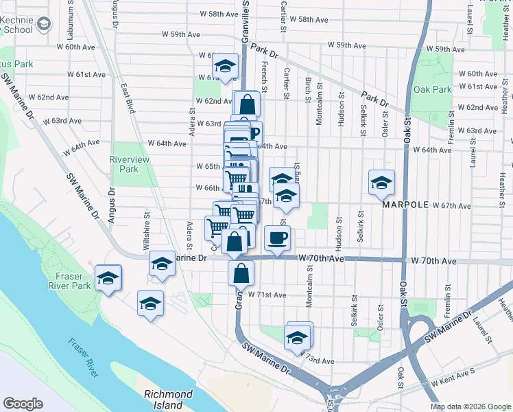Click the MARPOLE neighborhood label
410,205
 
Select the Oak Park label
433,89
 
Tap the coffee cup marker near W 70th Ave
277,238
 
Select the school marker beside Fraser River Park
108,277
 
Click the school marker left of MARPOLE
381,182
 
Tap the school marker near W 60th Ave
224,66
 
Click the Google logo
23,404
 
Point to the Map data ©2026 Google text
470,406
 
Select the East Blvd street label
127,98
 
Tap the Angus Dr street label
110,204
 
